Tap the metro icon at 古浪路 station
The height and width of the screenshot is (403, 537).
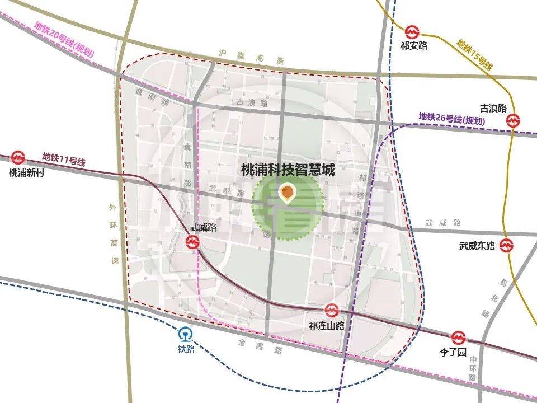[512, 120]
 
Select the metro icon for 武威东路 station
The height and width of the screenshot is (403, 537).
[507, 245]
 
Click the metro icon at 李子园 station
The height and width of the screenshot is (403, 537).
[459, 338]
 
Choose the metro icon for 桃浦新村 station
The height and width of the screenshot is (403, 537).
[18, 158]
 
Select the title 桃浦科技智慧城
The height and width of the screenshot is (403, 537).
[288, 169]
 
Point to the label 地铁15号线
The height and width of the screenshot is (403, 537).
[474, 54]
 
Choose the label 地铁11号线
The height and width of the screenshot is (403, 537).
[64, 160]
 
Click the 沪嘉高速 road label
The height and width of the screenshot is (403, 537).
[252, 57]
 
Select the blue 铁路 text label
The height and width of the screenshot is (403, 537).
[186, 348]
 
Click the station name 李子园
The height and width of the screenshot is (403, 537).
[453, 353]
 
